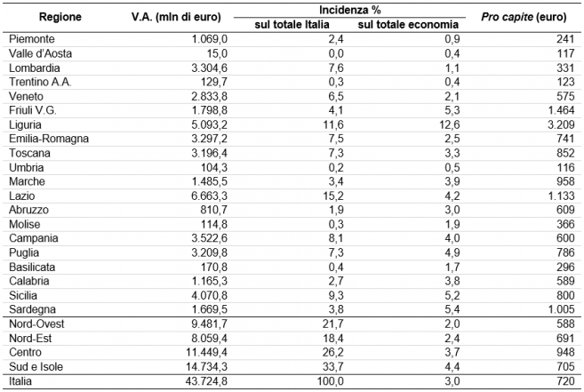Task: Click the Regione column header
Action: (60, 17)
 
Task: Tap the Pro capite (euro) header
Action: (524, 17)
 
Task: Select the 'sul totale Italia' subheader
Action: (292, 25)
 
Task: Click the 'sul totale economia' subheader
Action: (408, 25)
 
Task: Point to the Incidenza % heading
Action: (349, 10)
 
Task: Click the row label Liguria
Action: (25, 124)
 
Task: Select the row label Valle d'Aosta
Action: (40, 53)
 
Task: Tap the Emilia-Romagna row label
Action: (49, 139)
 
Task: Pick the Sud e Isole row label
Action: (36, 366)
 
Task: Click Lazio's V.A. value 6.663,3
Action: (209, 196)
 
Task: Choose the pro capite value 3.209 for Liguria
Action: (561, 124)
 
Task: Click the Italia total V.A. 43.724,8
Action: (207, 381)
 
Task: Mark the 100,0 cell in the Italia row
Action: (331, 381)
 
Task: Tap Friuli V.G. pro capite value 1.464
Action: (561, 111)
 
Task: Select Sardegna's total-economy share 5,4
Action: (452, 309)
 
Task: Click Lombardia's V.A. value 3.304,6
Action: (209, 68)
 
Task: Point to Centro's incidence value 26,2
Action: (333, 353)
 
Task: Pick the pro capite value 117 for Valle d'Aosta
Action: (565, 53)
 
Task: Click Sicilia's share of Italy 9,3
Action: (336, 295)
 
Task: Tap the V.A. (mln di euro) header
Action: (176, 17)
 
